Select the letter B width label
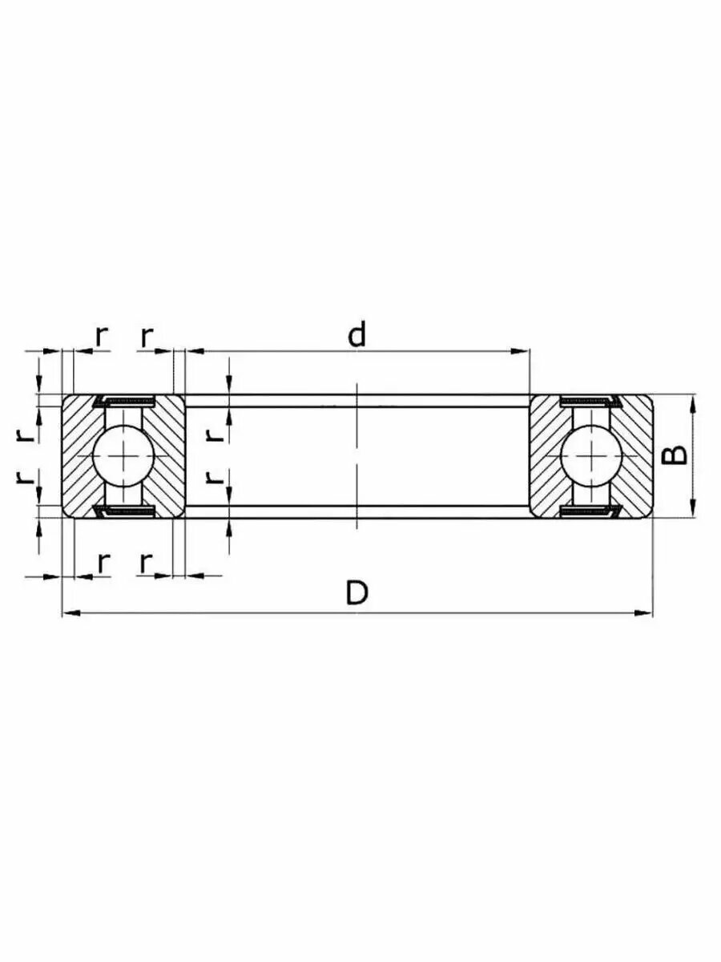tap(677, 455)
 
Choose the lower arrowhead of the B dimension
tap(693, 509)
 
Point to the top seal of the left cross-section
tap(123, 401)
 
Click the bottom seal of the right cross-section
tap(591, 511)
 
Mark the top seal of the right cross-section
tap(591, 401)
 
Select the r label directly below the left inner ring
tap(146, 563)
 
